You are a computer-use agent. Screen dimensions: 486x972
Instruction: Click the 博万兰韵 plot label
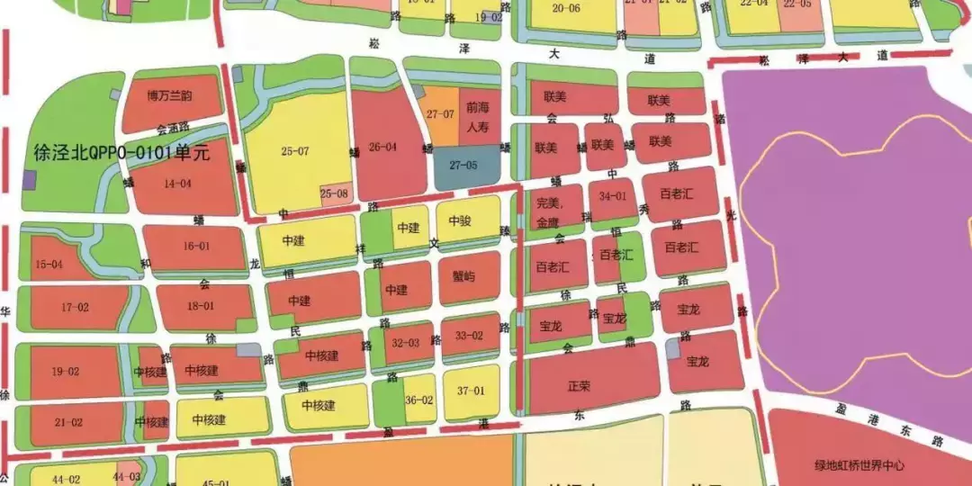click(170, 95)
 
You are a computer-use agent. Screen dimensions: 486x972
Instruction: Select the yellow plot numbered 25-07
click(294, 151)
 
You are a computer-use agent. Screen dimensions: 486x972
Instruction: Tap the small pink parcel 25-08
click(333, 193)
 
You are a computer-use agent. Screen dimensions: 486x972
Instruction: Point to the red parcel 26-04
click(382, 146)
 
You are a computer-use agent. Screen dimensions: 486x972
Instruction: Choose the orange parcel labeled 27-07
click(440, 114)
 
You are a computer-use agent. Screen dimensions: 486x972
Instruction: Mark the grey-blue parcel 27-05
click(463, 166)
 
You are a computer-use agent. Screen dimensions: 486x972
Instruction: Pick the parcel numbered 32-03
click(406, 343)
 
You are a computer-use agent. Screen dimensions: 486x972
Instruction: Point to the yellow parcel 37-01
click(470, 391)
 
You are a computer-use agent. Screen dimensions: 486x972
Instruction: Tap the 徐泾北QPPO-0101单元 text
click(121, 152)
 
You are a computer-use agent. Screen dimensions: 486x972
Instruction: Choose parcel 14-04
click(176, 184)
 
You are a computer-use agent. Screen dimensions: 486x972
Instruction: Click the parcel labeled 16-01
click(196, 246)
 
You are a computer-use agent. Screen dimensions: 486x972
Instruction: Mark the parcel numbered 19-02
click(66, 371)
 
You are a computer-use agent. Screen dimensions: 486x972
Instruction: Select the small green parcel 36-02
click(419, 400)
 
